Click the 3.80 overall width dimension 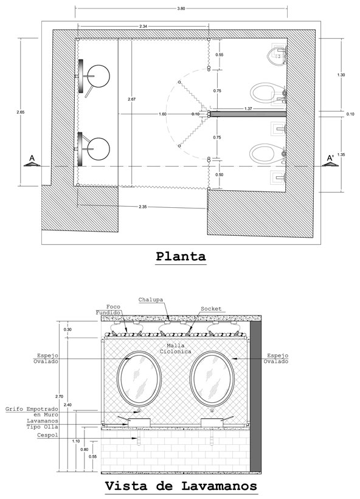point(181,9)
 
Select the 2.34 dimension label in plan point(144,26)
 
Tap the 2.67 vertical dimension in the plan point(131,99)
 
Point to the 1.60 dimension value point(162,114)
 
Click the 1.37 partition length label point(248,109)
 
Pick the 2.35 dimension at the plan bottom point(142,207)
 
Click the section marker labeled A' point(330,160)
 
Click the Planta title point(181,256)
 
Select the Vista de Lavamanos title point(181,486)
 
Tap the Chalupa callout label point(151,300)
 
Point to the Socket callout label point(211,309)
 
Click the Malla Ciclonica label point(175,348)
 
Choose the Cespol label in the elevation point(47,435)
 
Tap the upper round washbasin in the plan point(99,76)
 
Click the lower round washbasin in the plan point(99,149)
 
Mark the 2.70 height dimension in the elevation point(59,396)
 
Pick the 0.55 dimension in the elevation point(93,456)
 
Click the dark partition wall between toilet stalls point(248,114)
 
